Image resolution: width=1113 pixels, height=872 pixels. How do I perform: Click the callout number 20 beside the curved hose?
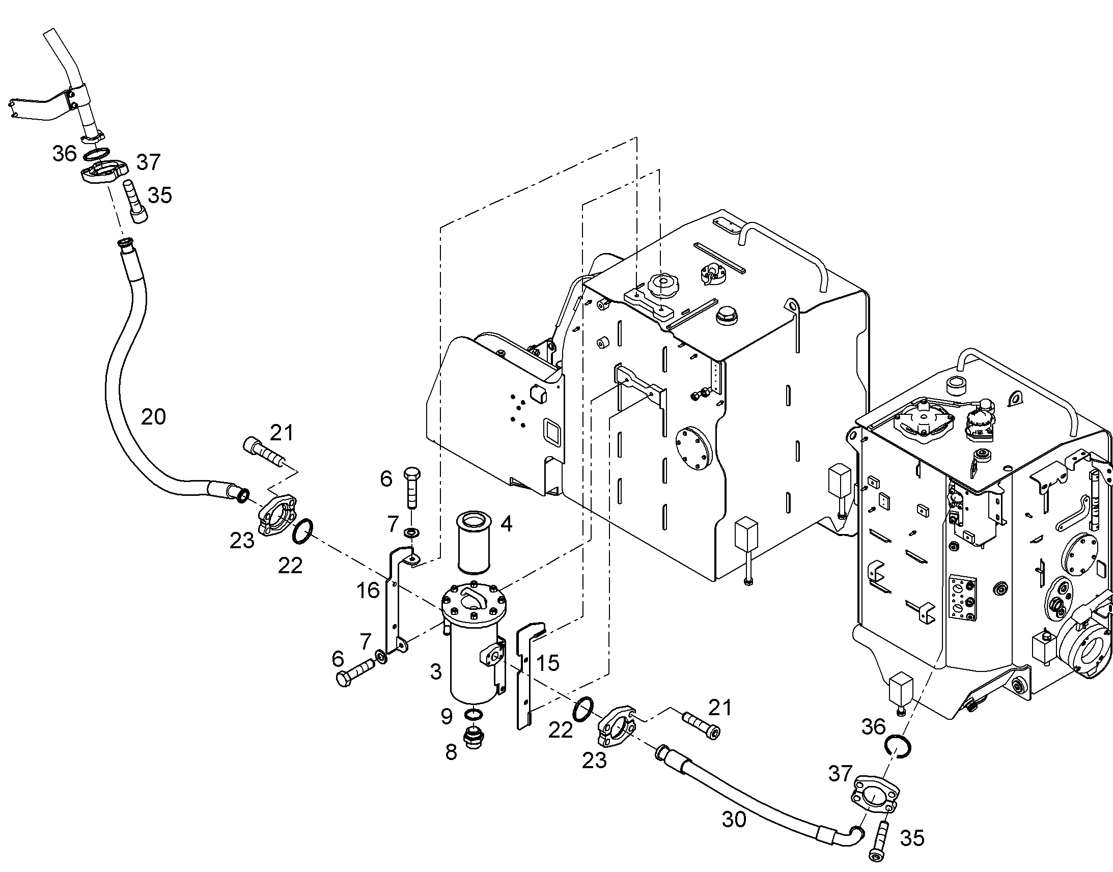(153, 417)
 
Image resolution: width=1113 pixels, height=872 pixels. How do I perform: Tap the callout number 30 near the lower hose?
(734, 819)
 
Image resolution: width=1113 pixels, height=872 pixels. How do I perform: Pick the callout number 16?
(368, 590)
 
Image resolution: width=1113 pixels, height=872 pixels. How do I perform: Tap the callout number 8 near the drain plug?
(451, 752)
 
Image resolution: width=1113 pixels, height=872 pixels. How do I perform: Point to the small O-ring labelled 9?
(474, 714)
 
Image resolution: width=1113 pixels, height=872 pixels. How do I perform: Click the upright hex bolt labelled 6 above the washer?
(411, 487)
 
